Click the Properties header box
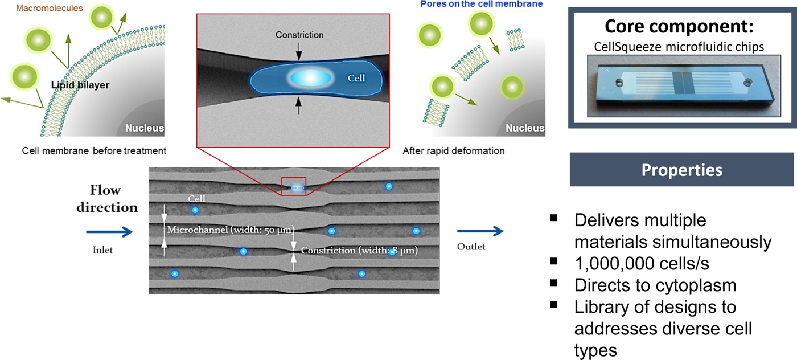681,170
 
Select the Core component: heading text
680,27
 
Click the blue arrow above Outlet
480,231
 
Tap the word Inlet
103,249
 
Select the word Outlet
472,247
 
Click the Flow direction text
108,198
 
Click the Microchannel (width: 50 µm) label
230,230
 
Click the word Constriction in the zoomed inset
299,35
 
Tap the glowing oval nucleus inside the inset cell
311,77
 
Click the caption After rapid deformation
454,151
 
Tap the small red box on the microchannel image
294,186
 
